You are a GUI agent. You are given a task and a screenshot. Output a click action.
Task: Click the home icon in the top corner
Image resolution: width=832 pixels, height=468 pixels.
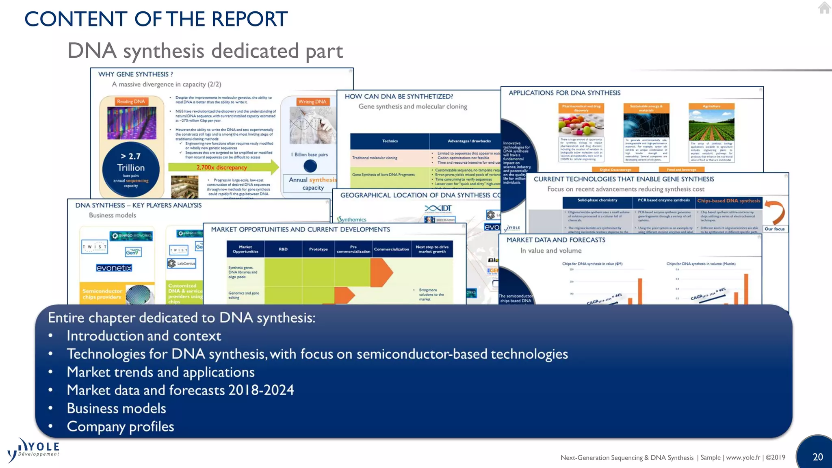[x=824, y=8]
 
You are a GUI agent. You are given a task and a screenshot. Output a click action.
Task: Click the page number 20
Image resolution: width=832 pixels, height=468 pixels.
[x=817, y=457]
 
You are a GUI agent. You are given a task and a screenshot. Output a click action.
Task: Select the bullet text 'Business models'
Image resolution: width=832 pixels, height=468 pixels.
[x=116, y=408]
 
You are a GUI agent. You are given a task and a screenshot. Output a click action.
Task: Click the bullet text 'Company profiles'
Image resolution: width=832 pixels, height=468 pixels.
[x=120, y=426]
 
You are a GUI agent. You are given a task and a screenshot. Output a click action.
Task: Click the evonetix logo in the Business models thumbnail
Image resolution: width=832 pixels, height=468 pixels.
[x=114, y=268]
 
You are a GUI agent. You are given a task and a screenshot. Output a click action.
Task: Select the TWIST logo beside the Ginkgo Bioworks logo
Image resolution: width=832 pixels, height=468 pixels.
[x=94, y=247]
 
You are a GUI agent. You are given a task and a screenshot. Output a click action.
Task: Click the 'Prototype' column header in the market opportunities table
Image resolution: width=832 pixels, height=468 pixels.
[x=318, y=249]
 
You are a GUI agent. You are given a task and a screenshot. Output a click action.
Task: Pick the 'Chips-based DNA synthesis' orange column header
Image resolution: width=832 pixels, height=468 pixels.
[x=728, y=201]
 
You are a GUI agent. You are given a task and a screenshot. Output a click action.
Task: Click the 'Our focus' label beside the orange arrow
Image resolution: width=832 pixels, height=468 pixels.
[x=774, y=229]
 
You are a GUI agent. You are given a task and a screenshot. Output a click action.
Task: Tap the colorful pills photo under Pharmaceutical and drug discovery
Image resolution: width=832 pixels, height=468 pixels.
[x=581, y=124]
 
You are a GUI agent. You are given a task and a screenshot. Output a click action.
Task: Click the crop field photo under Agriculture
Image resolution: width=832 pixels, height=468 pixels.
[x=711, y=125]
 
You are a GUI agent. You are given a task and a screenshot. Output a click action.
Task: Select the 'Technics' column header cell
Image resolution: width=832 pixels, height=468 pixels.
[x=390, y=141]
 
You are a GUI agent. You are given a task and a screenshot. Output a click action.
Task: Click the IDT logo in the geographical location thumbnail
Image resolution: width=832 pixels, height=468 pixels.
[x=438, y=208]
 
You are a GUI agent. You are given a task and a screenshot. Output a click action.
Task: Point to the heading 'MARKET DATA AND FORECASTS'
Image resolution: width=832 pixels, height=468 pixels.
[x=556, y=240]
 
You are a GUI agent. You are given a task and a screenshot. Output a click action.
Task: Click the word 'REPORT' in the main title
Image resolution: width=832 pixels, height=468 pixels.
[x=249, y=19]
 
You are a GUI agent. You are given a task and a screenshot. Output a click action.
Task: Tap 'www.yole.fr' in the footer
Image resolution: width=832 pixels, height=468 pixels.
[x=743, y=457]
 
